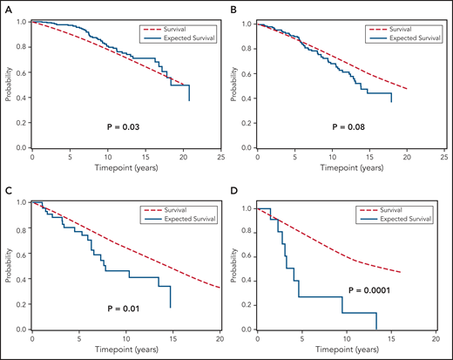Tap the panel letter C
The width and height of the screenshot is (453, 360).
pos(6,190)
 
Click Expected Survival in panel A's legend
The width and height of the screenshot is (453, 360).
pos(179,37)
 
